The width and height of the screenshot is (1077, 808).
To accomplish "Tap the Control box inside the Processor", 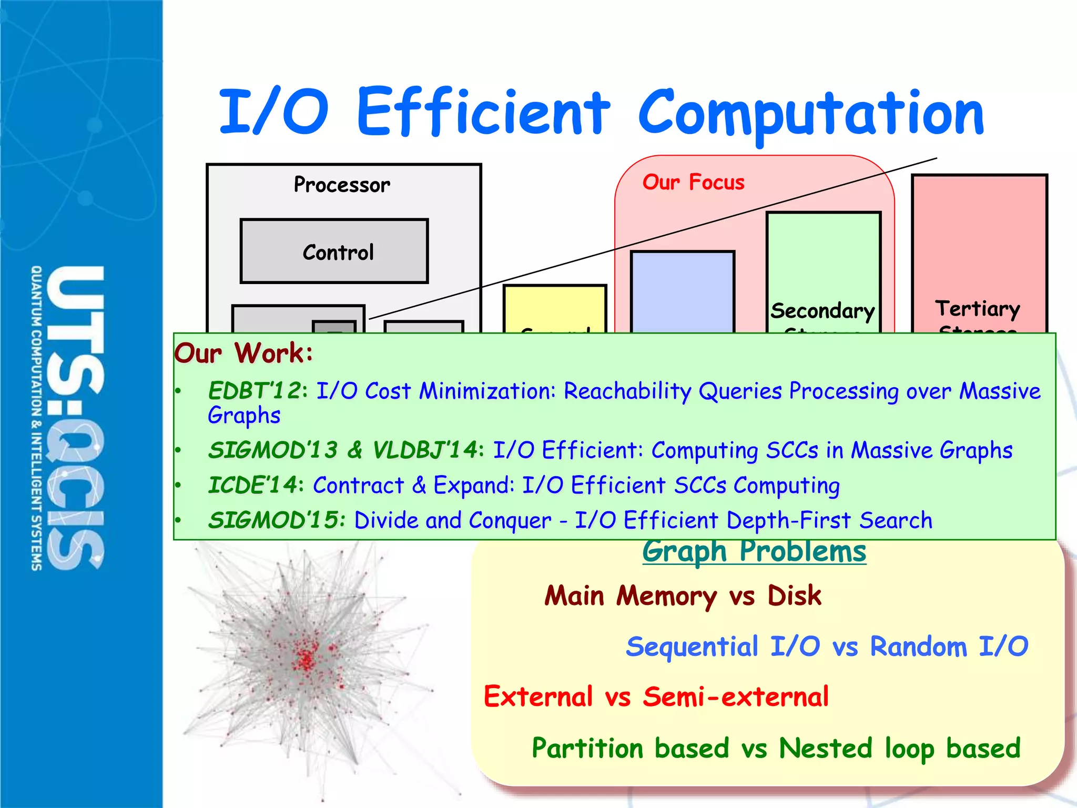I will click(334, 252).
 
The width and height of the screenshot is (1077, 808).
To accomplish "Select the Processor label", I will click(342, 185).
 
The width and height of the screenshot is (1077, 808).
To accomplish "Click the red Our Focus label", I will click(693, 183).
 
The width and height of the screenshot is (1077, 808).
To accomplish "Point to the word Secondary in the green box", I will click(822, 311).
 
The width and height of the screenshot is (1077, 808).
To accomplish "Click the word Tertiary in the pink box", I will click(977, 308).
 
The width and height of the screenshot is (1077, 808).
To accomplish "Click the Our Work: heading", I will click(243, 353).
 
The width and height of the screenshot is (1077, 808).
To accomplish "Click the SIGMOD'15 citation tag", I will click(274, 520).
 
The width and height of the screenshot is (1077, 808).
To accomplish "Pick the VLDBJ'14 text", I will click(424, 450).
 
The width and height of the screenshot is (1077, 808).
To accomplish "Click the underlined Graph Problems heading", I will click(754, 552).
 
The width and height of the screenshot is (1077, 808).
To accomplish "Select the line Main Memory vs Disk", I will click(682, 596).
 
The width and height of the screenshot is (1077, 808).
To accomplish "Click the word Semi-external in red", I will click(735, 697).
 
